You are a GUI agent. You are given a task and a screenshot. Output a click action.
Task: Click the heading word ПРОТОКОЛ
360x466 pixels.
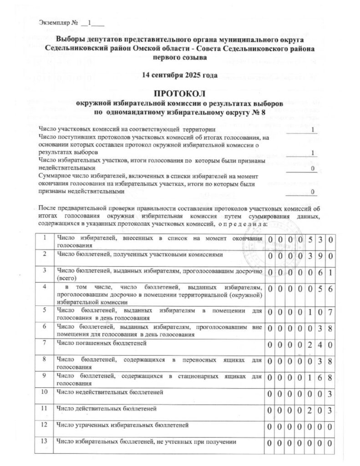tap(179, 94)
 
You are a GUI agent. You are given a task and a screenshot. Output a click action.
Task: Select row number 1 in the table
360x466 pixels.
tap(44, 238)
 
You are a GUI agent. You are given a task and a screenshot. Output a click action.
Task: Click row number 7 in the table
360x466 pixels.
tap(44, 342)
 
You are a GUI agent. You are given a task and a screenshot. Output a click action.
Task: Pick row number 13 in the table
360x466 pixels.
tap(44, 441)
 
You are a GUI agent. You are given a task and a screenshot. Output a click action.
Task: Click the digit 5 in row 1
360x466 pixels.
tap(309, 240)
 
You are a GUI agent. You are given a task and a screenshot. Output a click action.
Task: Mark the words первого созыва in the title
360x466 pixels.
tap(179, 58)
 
